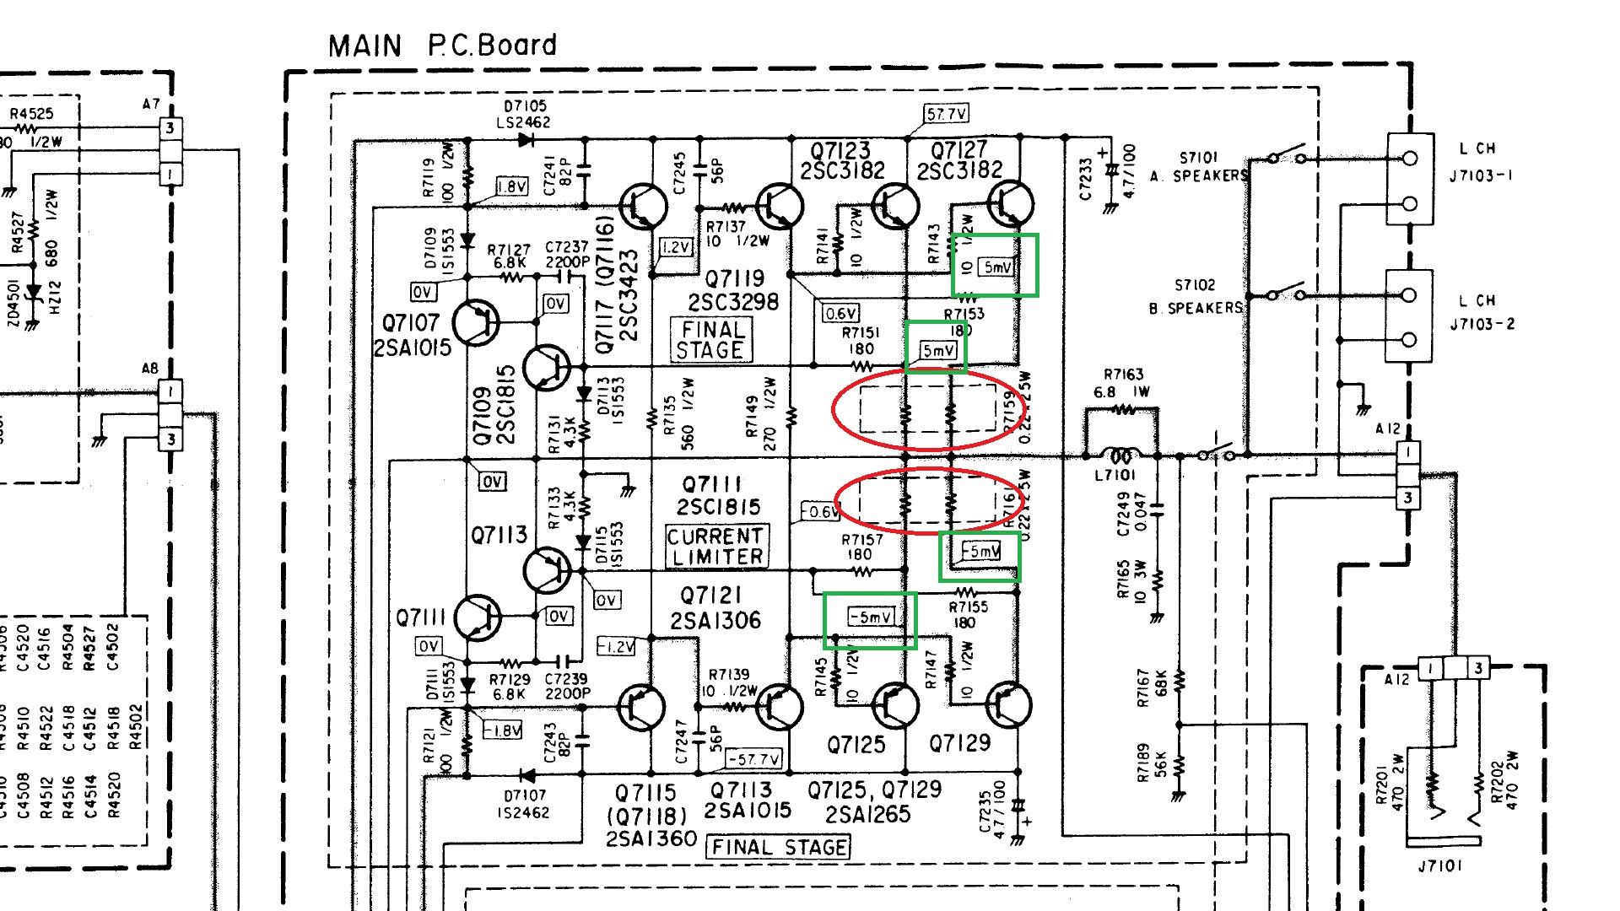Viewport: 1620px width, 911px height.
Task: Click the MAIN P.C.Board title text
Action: pyautogui.click(x=442, y=46)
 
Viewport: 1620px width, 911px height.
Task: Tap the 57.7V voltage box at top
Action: pyautogui.click(x=946, y=114)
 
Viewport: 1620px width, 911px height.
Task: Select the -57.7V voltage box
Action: pyautogui.click(x=754, y=759)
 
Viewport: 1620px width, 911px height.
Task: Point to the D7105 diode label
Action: pyautogui.click(x=525, y=106)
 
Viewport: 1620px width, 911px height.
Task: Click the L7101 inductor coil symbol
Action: pyautogui.click(x=1120, y=456)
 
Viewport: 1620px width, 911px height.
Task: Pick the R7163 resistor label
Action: pyautogui.click(x=1123, y=375)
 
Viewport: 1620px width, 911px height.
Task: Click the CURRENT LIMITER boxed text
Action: pyautogui.click(x=716, y=547)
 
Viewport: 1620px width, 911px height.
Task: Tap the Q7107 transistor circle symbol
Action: pyautogui.click(x=476, y=321)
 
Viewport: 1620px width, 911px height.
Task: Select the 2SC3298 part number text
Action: pyautogui.click(x=733, y=302)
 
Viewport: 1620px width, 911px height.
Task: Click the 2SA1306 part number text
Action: pyautogui.click(x=715, y=621)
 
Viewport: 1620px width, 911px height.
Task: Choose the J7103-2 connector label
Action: pyautogui.click(x=1482, y=324)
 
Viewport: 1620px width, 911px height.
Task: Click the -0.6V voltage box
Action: pyautogui.click(x=820, y=512)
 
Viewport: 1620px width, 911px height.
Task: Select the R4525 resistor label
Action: pyautogui.click(x=31, y=114)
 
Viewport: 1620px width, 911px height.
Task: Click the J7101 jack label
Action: pyautogui.click(x=1439, y=865)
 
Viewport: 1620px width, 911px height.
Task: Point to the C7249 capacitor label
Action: pyautogui.click(x=1123, y=514)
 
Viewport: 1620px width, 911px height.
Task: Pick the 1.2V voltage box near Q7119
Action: pyautogui.click(x=676, y=247)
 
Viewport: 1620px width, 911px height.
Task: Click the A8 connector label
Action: pyautogui.click(x=149, y=369)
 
